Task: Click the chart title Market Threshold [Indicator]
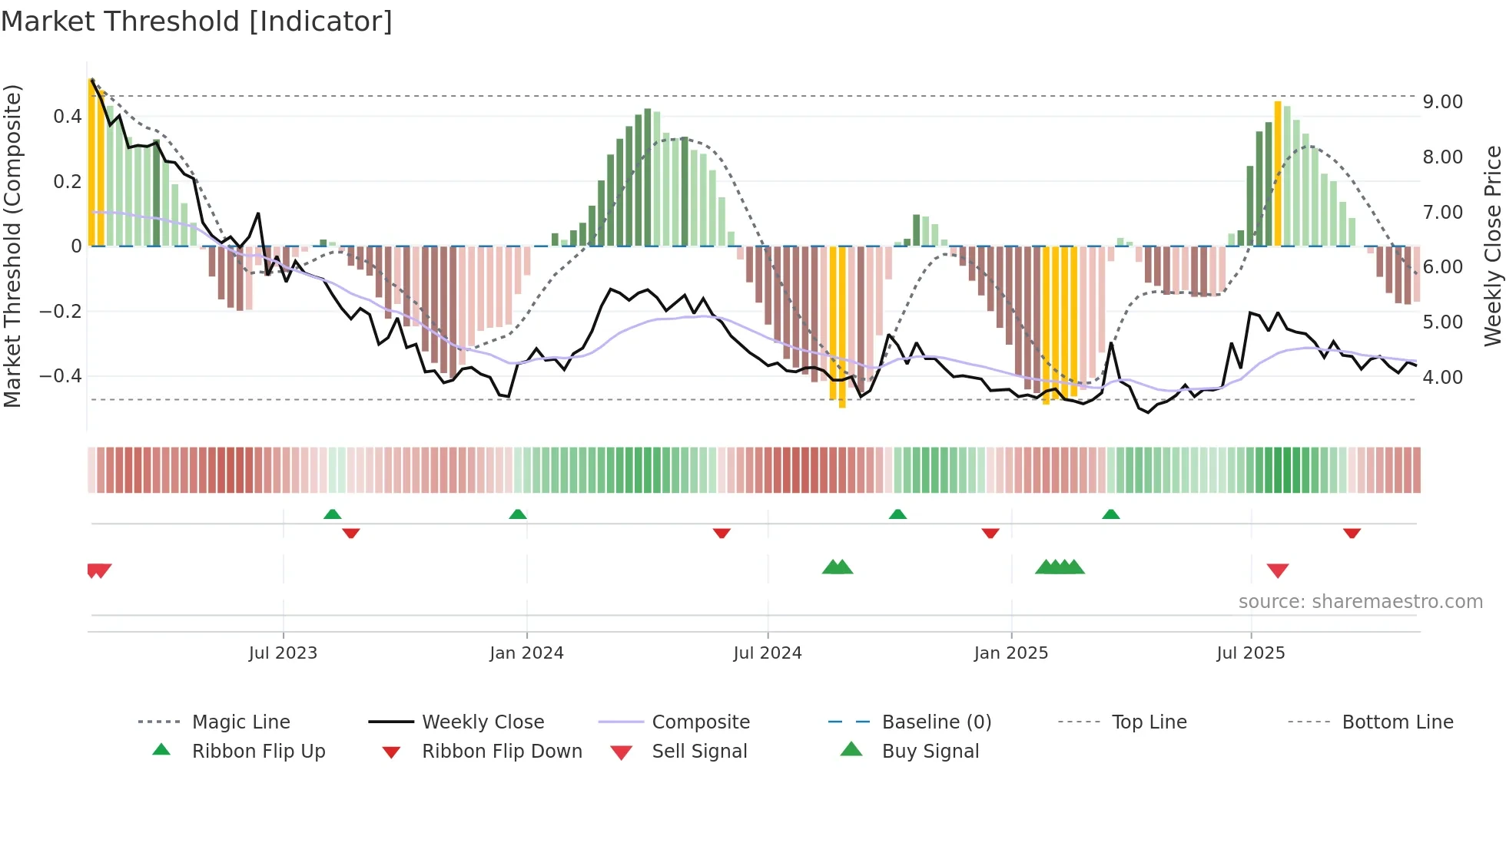pyautogui.click(x=197, y=21)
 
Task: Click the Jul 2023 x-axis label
pyautogui.click(x=283, y=653)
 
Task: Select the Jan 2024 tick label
pyautogui.click(x=526, y=653)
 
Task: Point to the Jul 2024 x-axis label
pyautogui.click(x=767, y=653)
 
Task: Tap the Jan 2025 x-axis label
pyautogui.click(x=1010, y=653)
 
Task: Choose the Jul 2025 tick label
pyautogui.click(x=1250, y=653)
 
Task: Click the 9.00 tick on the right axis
pyautogui.click(x=1442, y=102)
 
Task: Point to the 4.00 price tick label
pyautogui.click(x=1442, y=378)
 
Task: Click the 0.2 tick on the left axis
pyautogui.click(x=67, y=182)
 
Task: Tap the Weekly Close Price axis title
pyautogui.click(x=1492, y=246)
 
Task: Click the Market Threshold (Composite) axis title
pyautogui.click(x=12, y=246)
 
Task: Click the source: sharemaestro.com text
pyautogui.click(x=1360, y=602)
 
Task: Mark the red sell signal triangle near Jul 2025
pyautogui.click(x=1277, y=570)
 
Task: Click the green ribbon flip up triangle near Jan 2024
pyautogui.click(x=518, y=514)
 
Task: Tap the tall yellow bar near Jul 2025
pyautogui.click(x=1278, y=173)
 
